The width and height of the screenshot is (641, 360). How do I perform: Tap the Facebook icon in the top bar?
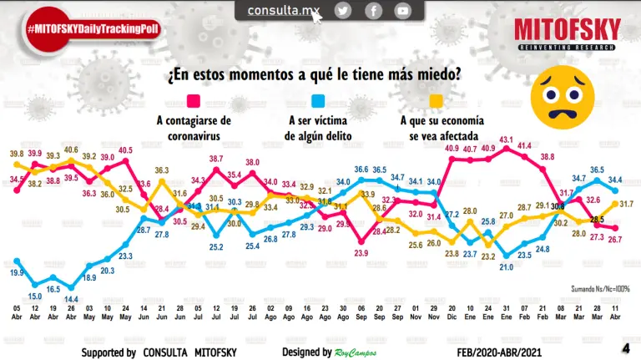coord(373,11)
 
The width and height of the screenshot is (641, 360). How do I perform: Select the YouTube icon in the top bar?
coord(403,11)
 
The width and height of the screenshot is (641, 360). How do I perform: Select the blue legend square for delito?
coord(318,101)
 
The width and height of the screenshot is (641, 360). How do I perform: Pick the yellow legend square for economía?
coord(435,101)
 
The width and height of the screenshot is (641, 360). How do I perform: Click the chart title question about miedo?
coord(314,74)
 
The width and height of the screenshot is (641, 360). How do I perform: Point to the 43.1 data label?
coord(506,139)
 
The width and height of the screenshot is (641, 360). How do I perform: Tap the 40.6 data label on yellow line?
coord(71,151)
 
